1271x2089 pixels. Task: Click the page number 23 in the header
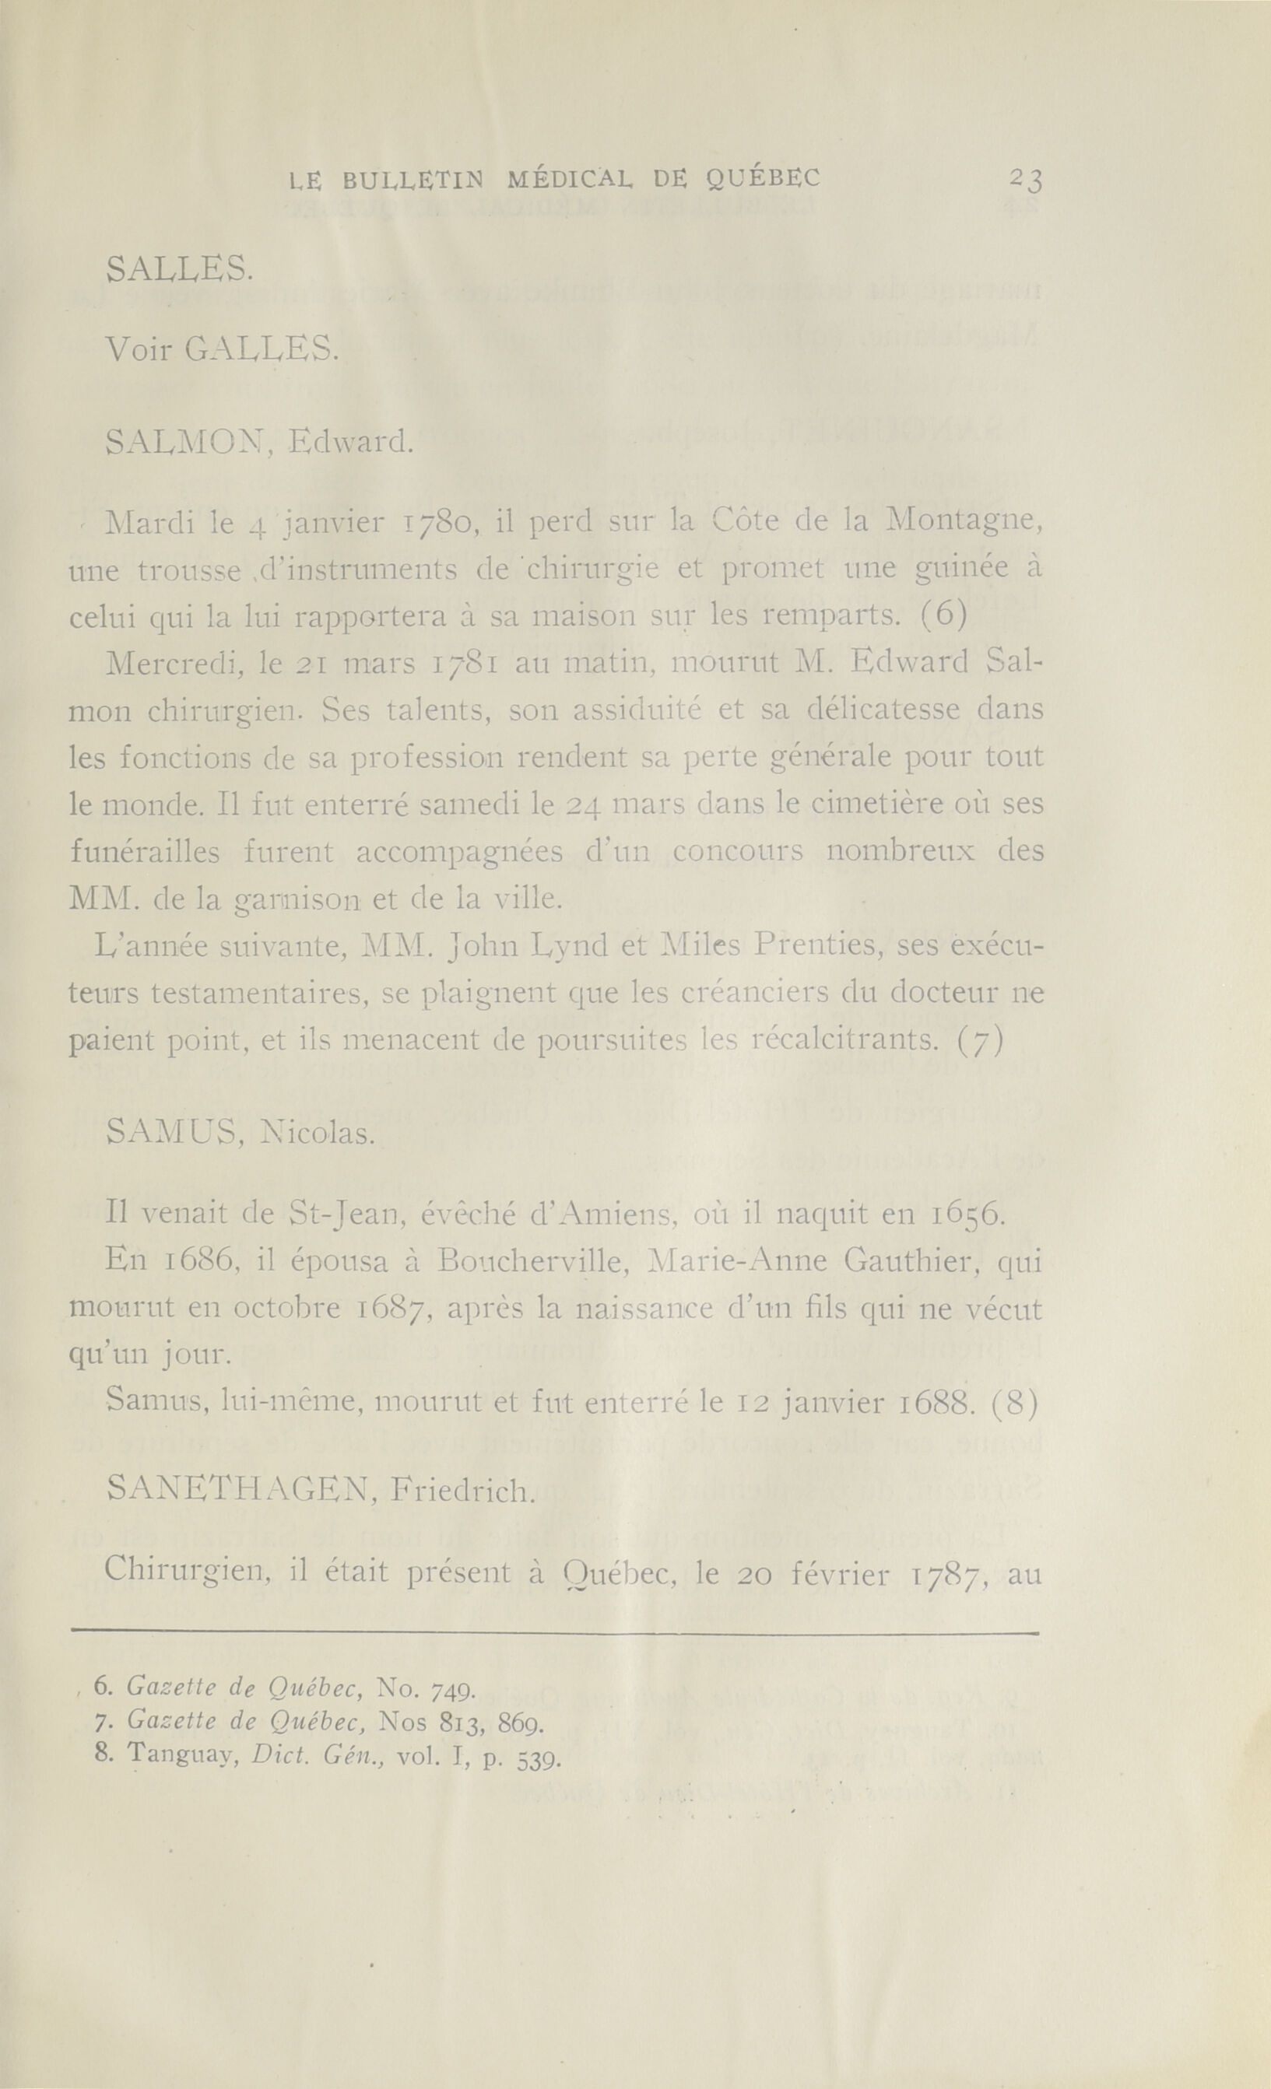[x=1026, y=181]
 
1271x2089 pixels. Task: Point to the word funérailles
[x=144, y=851]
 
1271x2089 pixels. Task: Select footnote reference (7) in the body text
[x=980, y=1041]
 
